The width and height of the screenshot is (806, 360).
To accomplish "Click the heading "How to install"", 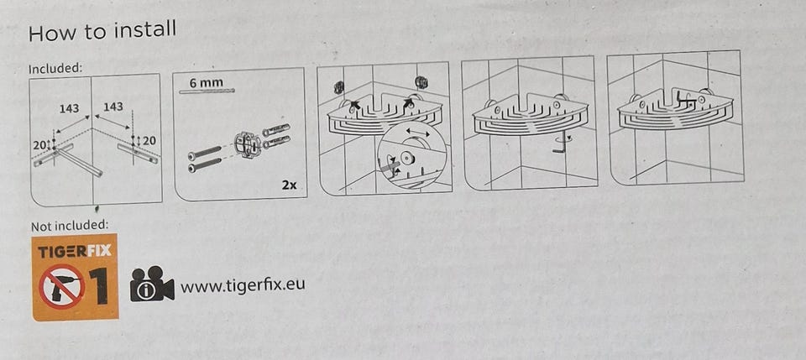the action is point(102,31).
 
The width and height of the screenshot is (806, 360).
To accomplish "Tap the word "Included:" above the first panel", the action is point(55,68).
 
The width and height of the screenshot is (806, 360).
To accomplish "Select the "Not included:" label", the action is point(70,226).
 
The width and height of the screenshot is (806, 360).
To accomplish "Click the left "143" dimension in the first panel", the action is point(69,108).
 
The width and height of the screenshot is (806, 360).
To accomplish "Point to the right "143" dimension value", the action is point(113,107).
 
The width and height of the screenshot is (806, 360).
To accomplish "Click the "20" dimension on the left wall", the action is point(39,145).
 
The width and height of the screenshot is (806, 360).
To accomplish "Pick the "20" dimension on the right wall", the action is point(149,139).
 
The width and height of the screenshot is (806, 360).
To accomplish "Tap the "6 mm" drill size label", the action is point(207,82).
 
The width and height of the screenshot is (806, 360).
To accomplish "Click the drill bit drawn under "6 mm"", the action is point(207,91).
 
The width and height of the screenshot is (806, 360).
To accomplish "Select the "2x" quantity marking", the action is point(290,185).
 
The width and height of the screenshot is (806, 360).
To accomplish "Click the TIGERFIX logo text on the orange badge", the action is point(75,252).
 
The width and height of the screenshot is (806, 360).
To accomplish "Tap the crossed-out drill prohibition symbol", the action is point(62,286).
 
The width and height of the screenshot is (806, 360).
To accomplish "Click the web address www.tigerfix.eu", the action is point(242,284).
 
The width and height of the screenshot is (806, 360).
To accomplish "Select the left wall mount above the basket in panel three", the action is point(338,87).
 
